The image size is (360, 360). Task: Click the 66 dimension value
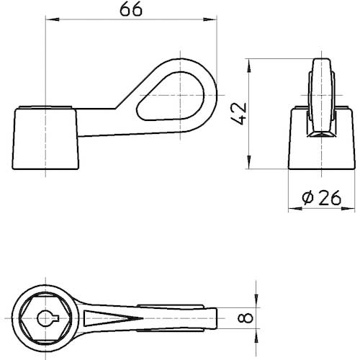point(131,10)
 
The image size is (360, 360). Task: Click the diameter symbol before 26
point(305,198)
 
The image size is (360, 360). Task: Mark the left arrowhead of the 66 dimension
point(50,22)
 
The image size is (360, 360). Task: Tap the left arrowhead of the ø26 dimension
point(291,209)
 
